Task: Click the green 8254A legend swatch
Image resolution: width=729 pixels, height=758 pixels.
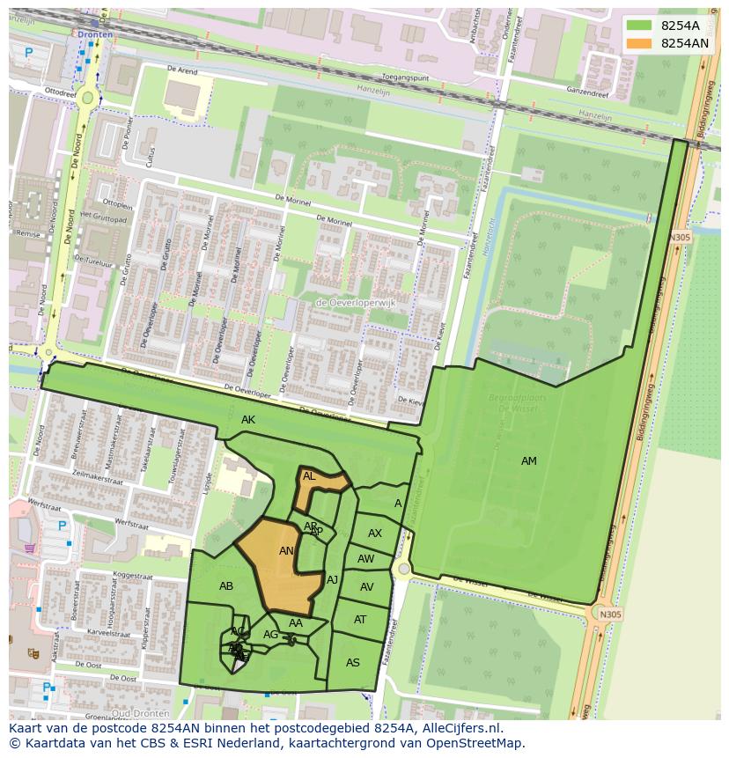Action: [x=639, y=26]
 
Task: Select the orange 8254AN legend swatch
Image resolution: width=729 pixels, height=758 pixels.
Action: [x=639, y=43]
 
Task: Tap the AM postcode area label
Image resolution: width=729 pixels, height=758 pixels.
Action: [x=528, y=461]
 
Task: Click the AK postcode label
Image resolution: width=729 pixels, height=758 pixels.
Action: [x=248, y=420]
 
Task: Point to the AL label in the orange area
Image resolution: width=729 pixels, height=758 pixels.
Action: [x=309, y=476]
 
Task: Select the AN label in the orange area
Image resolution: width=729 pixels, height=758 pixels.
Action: [x=286, y=551]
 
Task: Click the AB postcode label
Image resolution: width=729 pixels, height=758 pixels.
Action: [x=226, y=586]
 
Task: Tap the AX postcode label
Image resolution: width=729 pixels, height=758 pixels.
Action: [x=375, y=534]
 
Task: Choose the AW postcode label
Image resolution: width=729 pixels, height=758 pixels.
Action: [x=365, y=559]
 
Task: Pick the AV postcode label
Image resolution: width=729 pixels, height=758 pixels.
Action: [x=366, y=587]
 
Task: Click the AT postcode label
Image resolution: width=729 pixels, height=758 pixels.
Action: [x=360, y=620]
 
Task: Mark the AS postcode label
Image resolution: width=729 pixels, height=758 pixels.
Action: [x=353, y=663]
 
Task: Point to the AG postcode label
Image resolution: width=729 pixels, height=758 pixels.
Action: [x=271, y=635]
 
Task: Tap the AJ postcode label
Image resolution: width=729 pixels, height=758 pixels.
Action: [x=332, y=580]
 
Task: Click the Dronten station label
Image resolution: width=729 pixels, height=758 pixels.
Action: [x=95, y=34]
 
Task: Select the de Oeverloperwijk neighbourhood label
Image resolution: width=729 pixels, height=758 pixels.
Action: [x=356, y=304]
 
